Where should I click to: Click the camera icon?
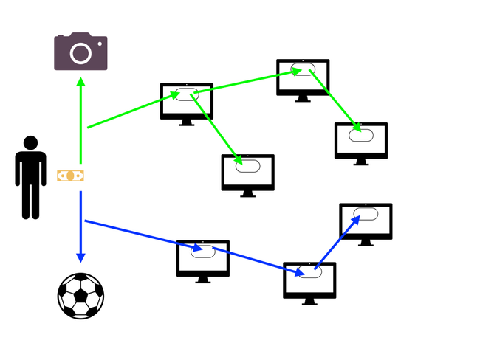[x=80, y=52]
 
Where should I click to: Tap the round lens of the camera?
[x=80, y=53]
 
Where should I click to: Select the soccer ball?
[x=80, y=296]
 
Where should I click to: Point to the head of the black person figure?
[x=30, y=143]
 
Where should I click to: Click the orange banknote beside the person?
[x=71, y=176]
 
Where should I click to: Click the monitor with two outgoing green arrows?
[x=187, y=101]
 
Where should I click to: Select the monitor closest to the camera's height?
[x=303, y=77]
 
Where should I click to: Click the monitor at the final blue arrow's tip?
[x=366, y=221]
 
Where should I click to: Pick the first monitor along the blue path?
[x=203, y=258]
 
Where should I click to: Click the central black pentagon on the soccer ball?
[x=80, y=296]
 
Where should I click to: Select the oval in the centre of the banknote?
[x=71, y=176]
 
